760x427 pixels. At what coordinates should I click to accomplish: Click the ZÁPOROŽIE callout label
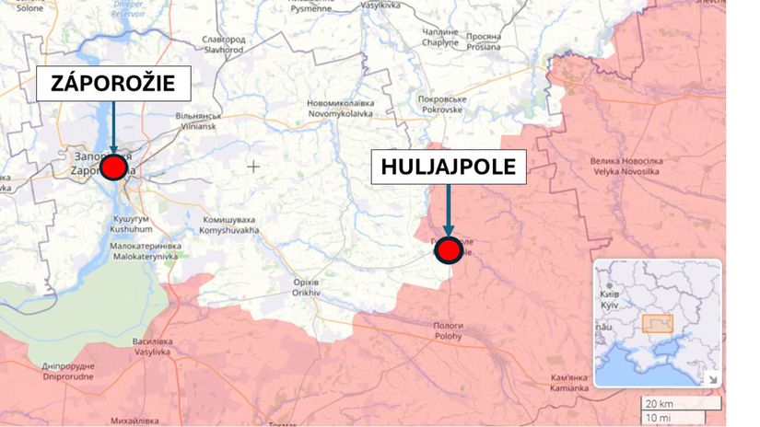point(113,86)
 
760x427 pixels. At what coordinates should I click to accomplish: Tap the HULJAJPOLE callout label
point(448,167)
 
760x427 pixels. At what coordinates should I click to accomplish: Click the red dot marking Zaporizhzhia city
point(114,167)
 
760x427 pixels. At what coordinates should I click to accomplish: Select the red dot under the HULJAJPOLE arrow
point(449,249)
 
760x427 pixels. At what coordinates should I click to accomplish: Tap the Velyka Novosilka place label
point(627,166)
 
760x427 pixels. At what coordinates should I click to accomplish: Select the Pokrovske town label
point(443,103)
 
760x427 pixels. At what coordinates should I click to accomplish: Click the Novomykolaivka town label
point(339,110)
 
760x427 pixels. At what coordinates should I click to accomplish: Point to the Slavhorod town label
point(224,45)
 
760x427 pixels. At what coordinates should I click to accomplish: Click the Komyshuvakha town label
point(228,225)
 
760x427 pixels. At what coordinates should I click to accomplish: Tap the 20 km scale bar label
point(658,403)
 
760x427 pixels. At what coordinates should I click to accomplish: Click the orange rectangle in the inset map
point(657,323)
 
